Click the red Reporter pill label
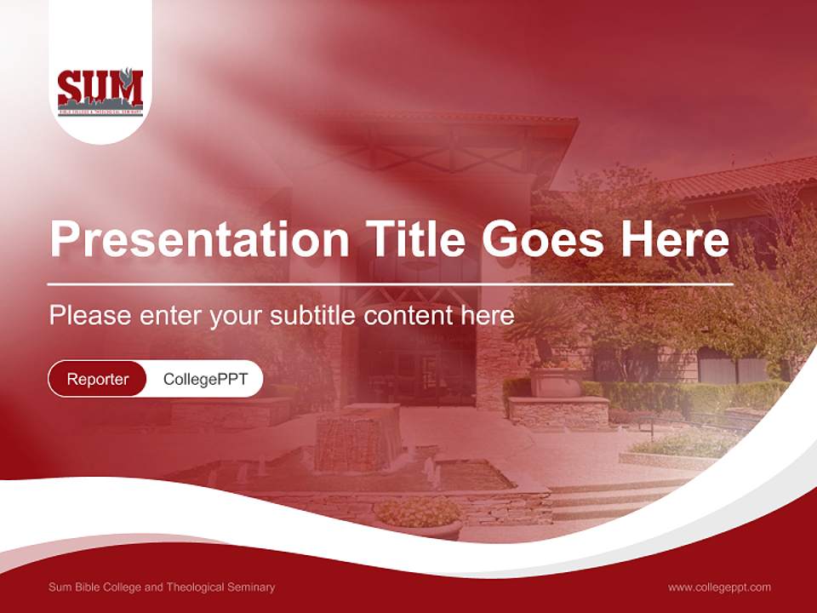(x=98, y=379)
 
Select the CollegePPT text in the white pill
(x=205, y=379)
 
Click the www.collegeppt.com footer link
(x=719, y=587)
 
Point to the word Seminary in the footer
(x=249, y=587)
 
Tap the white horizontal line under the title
(x=391, y=284)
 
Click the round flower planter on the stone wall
(x=418, y=513)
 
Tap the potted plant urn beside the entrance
(x=557, y=379)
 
